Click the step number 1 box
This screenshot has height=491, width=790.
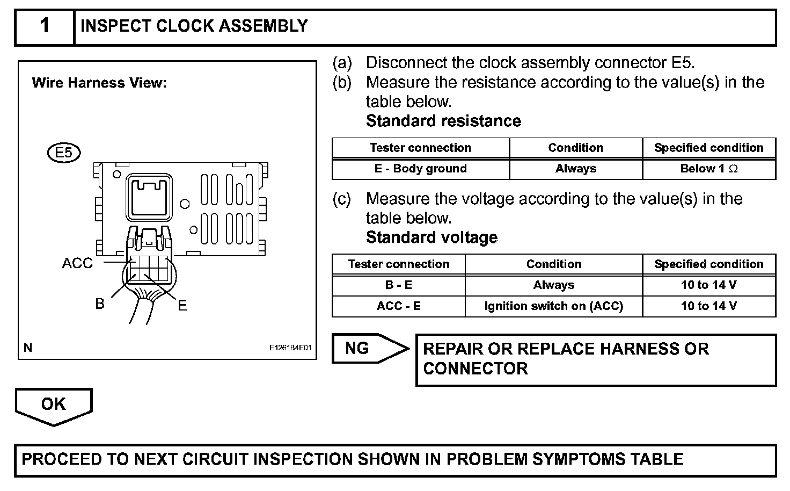click(x=45, y=26)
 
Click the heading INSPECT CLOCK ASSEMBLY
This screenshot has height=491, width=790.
click(x=194, y=26)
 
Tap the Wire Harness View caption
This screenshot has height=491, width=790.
click(x=99, y=83)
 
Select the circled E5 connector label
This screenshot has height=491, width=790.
click(x=63, y=153)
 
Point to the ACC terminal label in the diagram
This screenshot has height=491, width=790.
click(x=77, y=263)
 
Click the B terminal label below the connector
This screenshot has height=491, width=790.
click(x=100, y=304)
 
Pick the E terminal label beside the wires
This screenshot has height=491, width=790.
click(x=182, y=306)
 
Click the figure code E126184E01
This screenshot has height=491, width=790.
click(x=290, y=348)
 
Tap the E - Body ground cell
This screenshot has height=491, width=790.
click(x=420, y=169)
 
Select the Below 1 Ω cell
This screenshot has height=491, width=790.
click(x=708, y=169)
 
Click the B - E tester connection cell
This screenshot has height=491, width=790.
click(x=398, y=285)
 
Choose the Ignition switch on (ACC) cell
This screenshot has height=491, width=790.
click(x=553, y=306)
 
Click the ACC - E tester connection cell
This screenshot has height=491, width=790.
click(x=398, y=306)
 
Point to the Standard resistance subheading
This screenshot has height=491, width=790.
click(x=443, y=121)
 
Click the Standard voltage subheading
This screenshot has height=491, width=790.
click(x=431, y=237)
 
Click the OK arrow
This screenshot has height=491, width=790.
click(x=54, y=405)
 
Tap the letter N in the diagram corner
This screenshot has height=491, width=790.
click(x=28, y=348)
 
